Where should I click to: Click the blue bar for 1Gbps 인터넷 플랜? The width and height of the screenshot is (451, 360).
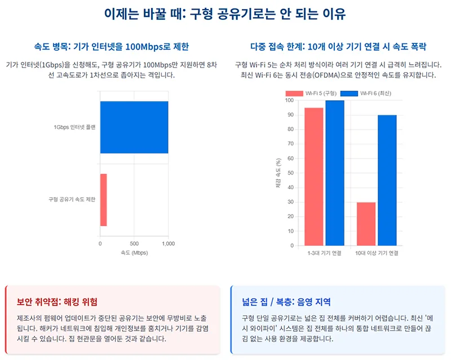[134, 127]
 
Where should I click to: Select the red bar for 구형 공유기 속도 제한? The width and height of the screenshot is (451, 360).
[104, 199]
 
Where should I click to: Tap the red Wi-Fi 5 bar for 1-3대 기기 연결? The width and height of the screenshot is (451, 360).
[314, 176]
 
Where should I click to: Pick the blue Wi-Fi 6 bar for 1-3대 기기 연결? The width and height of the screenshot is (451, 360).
[334, 173]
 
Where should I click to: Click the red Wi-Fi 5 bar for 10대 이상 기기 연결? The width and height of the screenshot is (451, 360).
[366, 224]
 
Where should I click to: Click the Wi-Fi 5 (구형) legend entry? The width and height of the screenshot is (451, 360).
[311, 93]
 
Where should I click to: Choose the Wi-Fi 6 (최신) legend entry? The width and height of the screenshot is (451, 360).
[365, 93]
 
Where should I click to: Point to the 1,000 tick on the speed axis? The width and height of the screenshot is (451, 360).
[168, 244]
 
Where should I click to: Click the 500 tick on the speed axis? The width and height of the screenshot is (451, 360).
[134, 244]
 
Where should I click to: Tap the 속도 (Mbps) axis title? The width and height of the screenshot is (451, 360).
[134, 254]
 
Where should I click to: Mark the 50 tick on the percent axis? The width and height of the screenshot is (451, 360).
[290, 173]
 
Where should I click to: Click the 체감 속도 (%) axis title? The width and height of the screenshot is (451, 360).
[278, 173]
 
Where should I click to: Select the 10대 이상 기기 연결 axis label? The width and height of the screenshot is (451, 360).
[377, 254]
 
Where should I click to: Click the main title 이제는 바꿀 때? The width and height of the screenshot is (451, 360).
[225, 14]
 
